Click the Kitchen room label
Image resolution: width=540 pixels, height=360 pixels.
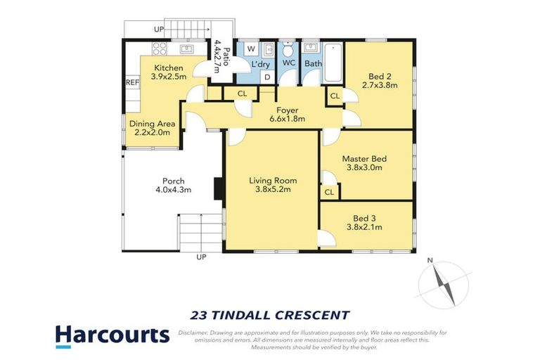tap(168, 68)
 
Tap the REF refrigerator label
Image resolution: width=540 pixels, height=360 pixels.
tap(131, 82)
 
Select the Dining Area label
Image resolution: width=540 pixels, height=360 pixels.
tap(152, 124)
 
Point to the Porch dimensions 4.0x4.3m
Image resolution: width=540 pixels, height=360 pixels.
tap(173, 190)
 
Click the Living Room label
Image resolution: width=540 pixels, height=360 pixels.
tap(271, 180)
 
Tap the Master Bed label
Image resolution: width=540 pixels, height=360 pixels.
tap(364, 159)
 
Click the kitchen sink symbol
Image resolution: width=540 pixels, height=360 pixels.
tap(188, 49)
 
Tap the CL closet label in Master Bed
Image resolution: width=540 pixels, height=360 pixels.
tap(329, 191)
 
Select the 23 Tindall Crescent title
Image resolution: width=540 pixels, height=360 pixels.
tap(270, 314)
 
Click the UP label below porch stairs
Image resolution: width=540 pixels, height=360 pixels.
tap(201, 257)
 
